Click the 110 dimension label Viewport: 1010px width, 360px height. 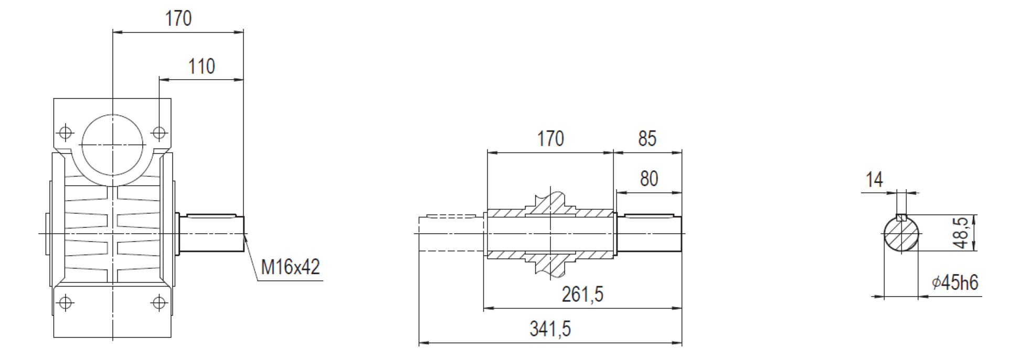[201, 67]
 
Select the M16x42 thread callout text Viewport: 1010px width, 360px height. [290, 267]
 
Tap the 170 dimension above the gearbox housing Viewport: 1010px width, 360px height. [178, 18]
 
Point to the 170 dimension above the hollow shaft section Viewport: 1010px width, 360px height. [550, 139]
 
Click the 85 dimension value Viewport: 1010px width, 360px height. [647, 139]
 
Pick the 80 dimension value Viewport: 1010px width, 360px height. [649, 179]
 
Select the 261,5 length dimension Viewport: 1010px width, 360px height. [582, 294]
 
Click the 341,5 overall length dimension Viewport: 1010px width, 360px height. [550, 329]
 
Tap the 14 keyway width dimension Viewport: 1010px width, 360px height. [874, 180]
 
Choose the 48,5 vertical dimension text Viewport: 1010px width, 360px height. [961, 233]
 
